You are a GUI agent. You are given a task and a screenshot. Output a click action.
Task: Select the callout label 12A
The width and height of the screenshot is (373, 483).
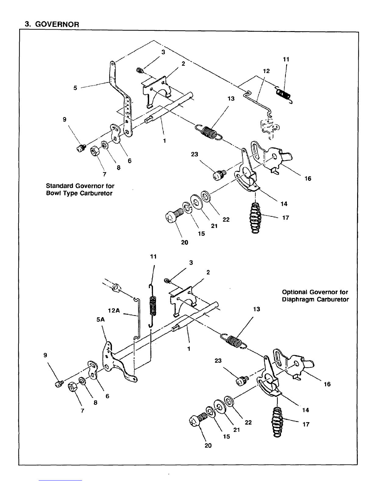pyautogui.click(x=114, y=311)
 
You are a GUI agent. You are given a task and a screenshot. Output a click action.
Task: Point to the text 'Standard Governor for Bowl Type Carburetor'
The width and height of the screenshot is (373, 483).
pyautogui.click(x=80, y=189)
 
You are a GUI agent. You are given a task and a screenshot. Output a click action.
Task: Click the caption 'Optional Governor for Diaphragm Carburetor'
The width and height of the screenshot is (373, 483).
pyautogui.click(x=315, y=296)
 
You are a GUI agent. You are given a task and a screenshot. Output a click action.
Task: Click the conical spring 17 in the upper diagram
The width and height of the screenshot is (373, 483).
pyautogui.click(x=255, y=218)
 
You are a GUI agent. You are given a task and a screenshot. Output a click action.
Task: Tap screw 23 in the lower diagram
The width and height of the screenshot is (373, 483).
pyautogui.click(x=242, y=380)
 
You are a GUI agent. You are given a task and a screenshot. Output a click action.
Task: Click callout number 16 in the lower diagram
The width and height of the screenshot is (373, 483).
pyautogui.click(x=327, y=384)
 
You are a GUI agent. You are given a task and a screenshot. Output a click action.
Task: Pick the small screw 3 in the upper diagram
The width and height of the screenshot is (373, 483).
pyautogui.click(x=140, y=71)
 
